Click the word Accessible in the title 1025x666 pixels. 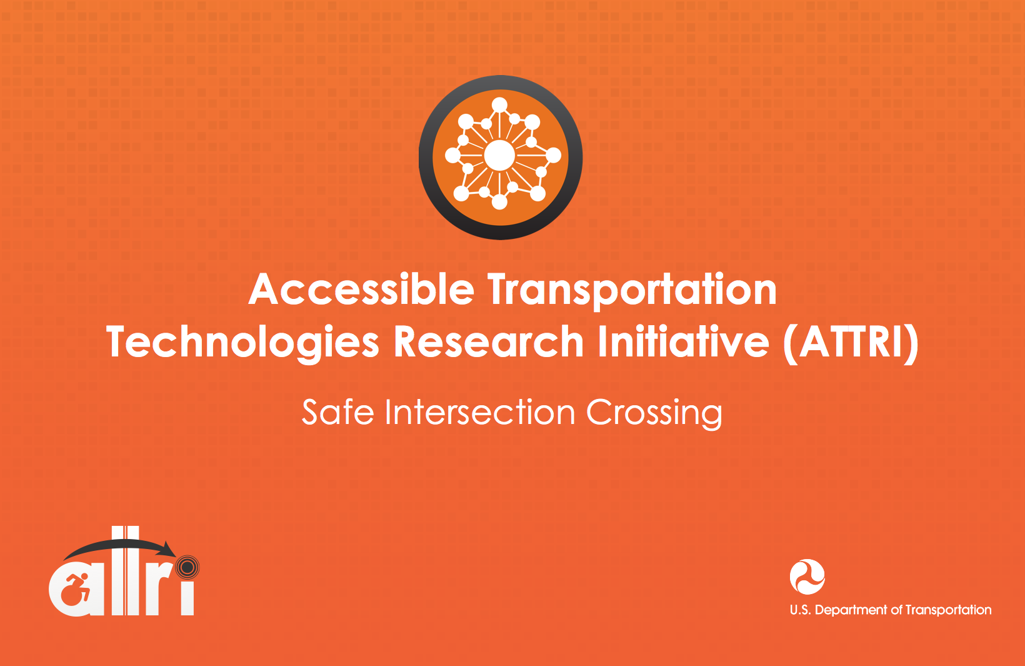[361, 289]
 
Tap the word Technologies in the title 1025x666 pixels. [242, 344]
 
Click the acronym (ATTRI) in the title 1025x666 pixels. [851, 343]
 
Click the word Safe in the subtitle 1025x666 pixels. [338, 412]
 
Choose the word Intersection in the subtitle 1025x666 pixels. [480, 412]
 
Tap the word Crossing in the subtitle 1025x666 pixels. [654, 414]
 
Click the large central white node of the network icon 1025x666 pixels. [499, 156]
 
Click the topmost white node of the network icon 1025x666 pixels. [499, 105]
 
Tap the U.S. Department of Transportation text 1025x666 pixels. [891, 610]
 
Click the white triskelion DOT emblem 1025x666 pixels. [807, 577]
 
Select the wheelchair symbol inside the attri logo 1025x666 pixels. [76, 589]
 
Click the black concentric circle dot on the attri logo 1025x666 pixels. [187, 568]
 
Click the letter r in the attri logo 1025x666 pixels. [157, 595]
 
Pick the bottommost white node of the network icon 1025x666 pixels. [499, 202]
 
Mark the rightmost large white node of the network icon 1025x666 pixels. [553, 155]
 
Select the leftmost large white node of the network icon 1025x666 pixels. [453, 156]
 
